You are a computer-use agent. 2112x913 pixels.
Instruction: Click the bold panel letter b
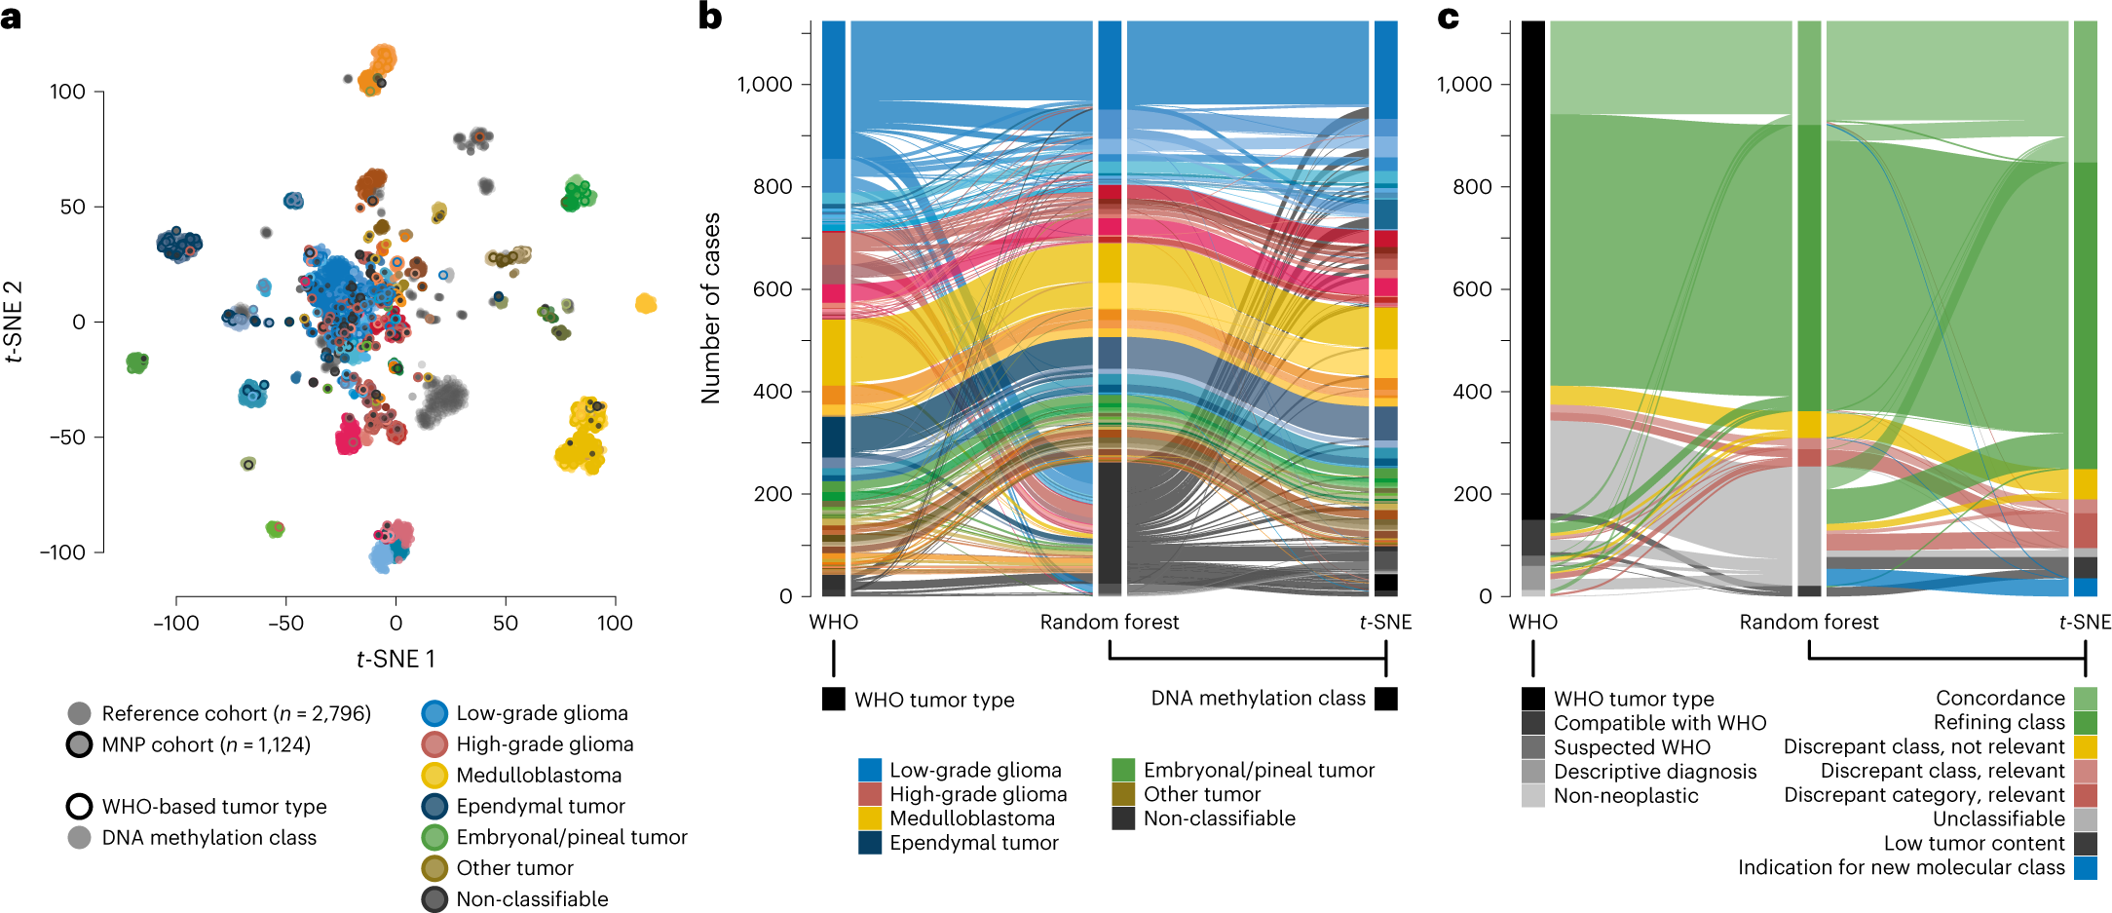(710, 17)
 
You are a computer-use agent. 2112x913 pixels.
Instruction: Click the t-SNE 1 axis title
(396, 660)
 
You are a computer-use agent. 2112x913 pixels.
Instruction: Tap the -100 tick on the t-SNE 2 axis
(62, 552)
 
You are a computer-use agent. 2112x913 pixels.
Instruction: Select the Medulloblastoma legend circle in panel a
(434, 776)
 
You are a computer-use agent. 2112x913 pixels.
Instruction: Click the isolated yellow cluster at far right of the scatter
(646, 304)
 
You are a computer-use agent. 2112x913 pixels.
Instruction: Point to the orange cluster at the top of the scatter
(377, 69)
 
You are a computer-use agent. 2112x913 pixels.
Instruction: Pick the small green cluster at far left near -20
(137, 362)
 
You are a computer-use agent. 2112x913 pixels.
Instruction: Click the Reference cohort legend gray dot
(80, 714)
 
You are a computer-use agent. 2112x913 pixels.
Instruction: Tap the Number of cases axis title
(711, 308)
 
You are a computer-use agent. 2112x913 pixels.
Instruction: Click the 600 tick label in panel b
(773, 289)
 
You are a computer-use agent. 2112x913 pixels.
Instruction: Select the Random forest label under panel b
(1109, 623)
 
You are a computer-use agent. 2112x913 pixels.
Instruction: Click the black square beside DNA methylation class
(1385, 699)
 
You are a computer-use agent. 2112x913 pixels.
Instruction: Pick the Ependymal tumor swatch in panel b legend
(870, 843)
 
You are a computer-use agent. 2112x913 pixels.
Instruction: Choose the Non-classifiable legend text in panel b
(1219, 818)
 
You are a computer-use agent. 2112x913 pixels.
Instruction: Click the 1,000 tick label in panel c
(1464, 85)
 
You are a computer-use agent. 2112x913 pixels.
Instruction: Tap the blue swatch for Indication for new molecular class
(2085, 868)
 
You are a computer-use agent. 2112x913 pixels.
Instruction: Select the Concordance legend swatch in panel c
(2085, 699)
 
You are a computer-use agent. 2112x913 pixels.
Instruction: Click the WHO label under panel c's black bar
(1532, 623)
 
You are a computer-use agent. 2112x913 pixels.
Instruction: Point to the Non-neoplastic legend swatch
(1532, 796)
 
